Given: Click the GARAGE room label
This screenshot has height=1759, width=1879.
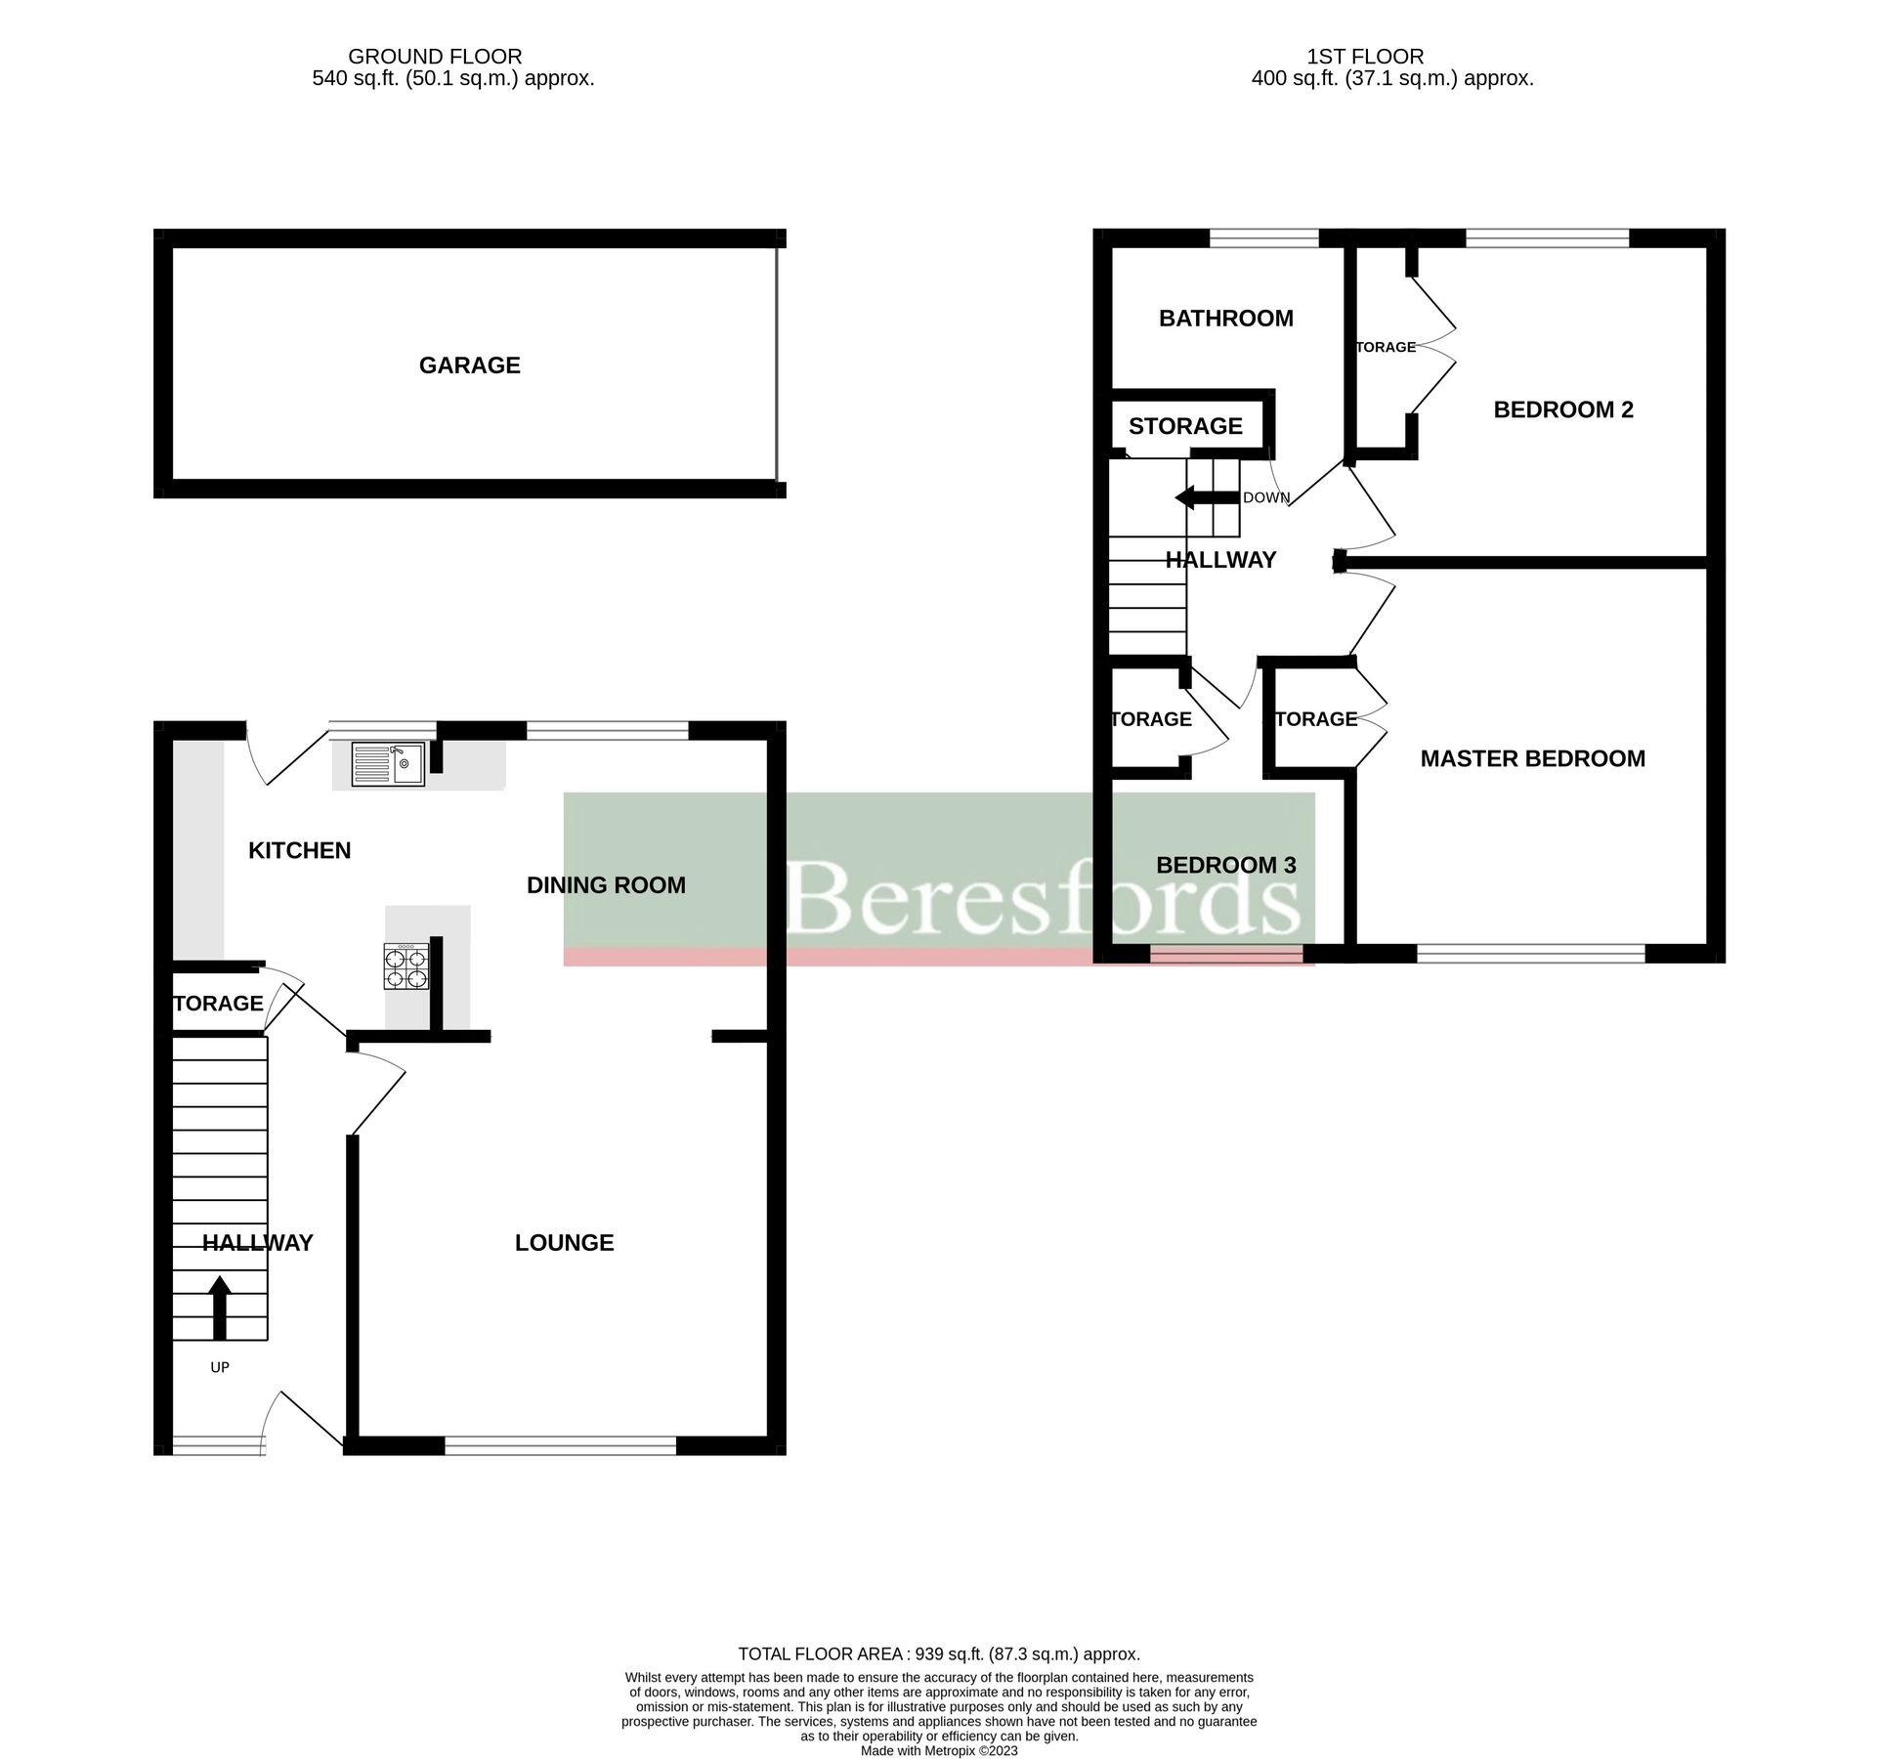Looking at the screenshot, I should click(x=469, y=365).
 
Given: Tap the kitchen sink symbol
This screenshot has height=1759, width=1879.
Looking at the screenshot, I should click(x=387, y=764).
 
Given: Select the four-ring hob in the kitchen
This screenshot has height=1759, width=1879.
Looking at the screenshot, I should click(x=406, y=966).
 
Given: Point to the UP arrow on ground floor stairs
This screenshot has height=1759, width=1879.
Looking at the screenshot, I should click(x=220, y=1307).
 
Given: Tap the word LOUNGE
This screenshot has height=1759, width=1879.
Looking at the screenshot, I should click(x=564, y=1243).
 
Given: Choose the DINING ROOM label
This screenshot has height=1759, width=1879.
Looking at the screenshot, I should click(x=606, y=885).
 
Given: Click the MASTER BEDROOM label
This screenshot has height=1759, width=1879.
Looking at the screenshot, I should click(x=1532, y=758).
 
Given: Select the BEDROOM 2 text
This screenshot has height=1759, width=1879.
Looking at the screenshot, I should click(x=1562, y=409).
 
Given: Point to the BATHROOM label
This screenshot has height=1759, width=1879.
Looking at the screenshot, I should click(x=1225, y=319).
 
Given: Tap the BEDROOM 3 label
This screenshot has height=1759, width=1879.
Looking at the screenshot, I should click(x=1225, y=865).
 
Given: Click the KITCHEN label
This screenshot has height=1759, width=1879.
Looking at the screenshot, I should click(x=299, y=850).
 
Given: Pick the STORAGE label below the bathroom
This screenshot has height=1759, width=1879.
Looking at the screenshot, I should click(x=1185, y=426).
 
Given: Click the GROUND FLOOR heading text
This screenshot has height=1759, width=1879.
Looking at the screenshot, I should click(x=435, y=57).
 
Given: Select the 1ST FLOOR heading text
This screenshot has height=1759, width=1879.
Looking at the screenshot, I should click(x=1364, y=57).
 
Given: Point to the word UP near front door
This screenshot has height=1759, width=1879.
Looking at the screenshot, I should click(x=220, y=1367).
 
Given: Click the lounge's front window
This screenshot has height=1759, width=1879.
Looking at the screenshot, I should click(x=560, y=1444).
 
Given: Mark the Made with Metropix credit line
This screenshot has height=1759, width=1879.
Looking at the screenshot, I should click(x=938, y=1751).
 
